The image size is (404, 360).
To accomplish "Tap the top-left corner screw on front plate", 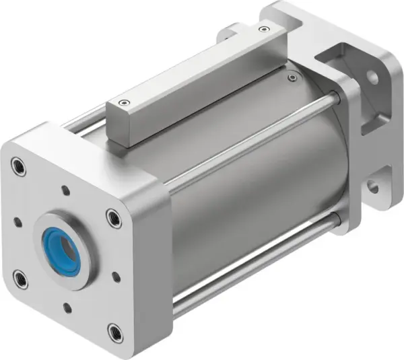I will (x=18, y=166).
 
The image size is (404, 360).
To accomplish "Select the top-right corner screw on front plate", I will (x=113, y=218).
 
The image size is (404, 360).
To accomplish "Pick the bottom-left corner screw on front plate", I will (x=20, y=277).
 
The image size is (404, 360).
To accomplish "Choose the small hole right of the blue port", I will (x=116, y=276).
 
